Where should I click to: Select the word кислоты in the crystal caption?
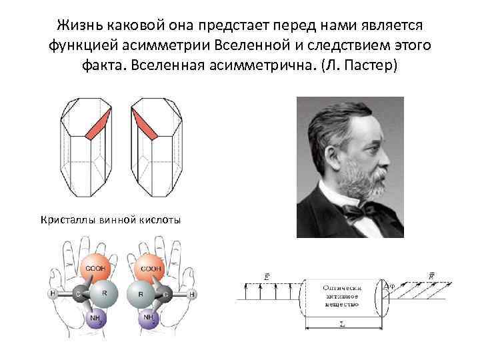[x=159, y=219]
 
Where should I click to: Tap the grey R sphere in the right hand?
[x=141, y=293]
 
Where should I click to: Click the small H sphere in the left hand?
[x=51, y=293]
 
